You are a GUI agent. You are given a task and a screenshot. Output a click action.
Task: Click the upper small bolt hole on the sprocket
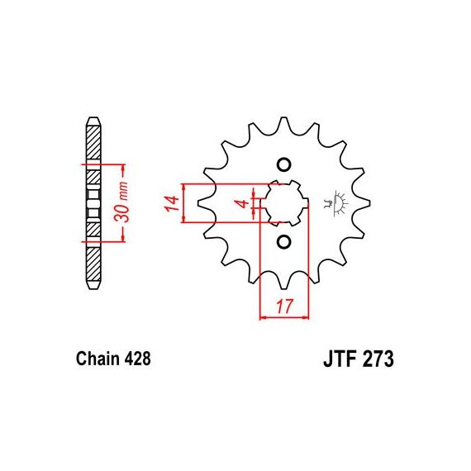(x=283, y=164)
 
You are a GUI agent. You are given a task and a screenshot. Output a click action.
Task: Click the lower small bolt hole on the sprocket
(x=283, y=241)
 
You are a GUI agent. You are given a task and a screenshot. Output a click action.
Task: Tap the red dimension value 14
(x=172, y=203)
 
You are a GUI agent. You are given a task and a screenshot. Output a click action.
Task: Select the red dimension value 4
(x=243, y=203)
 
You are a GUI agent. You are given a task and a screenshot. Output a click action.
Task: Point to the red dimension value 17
(x=284, y=306)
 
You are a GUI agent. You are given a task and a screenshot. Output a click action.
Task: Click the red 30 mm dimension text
(x=122, y=202)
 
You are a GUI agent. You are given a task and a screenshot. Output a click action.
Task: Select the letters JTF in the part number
(x=340, y=359)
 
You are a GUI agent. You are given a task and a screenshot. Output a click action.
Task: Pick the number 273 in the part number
(x=378, y=359)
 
